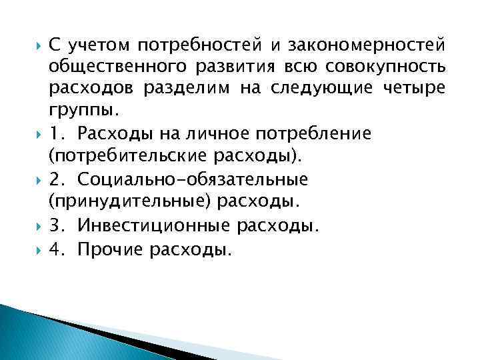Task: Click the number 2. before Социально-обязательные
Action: pyautogui.click(x=58, y=179)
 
